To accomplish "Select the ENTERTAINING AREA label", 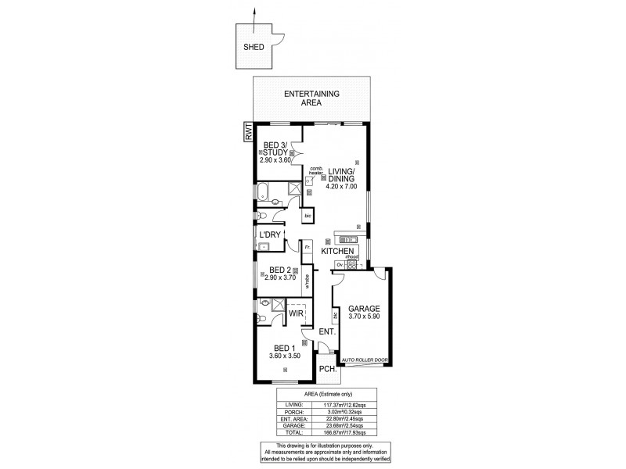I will click(311, 98).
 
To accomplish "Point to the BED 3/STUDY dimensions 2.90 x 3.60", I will click(276, 159).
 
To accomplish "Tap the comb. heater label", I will click(316, 170).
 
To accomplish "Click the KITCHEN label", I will click(338, 251).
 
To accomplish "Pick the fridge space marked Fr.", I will click(308, 248).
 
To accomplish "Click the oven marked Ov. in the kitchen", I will click(340, 265).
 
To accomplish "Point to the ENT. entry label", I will click(326, 332).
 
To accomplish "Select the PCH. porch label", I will click(326, 370).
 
